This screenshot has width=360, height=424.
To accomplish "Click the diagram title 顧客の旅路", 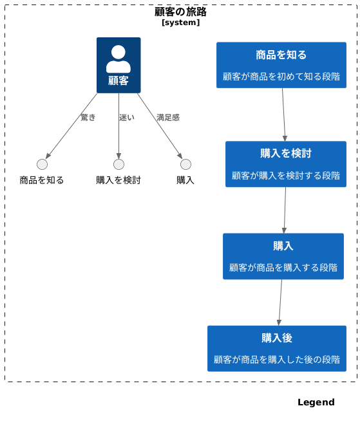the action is click(x=180, y=12).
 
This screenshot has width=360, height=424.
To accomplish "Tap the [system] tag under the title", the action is click(x=180, y=23).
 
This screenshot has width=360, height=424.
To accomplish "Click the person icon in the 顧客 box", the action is click(x=118, y=59).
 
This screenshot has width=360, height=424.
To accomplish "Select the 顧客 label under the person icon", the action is click(x=118, y=80).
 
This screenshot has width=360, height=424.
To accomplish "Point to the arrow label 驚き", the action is click(x=88, y=117).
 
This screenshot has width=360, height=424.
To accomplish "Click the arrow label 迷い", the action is click(x=127, y=117).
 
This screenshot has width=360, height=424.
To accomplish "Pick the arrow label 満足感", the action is click(x=168, y=117).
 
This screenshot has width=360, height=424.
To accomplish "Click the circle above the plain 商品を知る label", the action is click(x=43, y=165).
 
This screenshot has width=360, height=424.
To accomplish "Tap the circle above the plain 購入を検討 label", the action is click(x=118, y=165).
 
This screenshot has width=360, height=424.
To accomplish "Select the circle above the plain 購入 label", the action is click(x=185, y=165).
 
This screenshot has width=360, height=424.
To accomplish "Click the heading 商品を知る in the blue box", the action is click(x=281, y=55).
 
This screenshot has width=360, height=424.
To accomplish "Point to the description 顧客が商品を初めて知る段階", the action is click(x=281, y=77).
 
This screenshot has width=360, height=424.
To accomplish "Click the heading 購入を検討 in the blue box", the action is click(x=286, y=153).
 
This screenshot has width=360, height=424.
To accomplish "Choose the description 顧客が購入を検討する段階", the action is click(x=286, y=176).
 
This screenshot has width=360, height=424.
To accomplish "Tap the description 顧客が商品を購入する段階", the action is click(x=283, y=268).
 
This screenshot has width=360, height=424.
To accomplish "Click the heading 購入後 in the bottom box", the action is click(x=277, y=338).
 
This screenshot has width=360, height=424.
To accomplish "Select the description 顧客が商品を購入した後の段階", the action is click(x=277, y=360).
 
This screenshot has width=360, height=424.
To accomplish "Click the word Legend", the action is click(x=316, y=402).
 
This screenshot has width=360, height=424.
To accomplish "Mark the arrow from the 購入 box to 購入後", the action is click(x=280, y=302).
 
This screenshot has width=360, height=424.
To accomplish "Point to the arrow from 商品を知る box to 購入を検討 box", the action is click(x=283, y=115).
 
